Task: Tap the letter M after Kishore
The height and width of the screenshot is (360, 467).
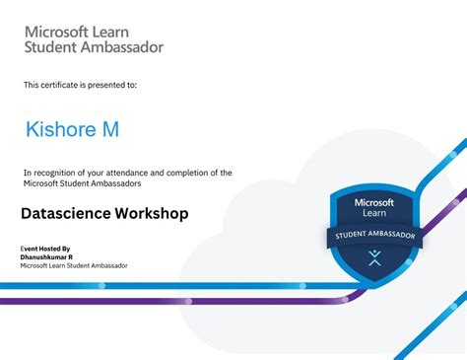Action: point(110,129)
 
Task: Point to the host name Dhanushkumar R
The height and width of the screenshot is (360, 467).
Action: point(46,256)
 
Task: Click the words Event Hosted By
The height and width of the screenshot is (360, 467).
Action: point(45,248)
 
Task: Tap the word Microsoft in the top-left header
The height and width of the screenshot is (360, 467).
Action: point(61,31)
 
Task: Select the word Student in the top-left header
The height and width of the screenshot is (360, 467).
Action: point(51,46)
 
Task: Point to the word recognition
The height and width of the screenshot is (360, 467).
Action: point(61,173)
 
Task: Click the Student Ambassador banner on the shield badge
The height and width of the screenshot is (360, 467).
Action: point(374,236)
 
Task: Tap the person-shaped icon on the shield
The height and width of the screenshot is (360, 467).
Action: point(374,258)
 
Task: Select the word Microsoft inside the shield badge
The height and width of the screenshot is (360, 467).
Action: point(374,202)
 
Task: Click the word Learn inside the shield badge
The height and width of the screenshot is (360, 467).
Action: point(374,215)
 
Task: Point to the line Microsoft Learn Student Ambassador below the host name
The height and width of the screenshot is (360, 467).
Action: point(74,265)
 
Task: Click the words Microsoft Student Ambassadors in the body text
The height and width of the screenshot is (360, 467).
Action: point(83,183)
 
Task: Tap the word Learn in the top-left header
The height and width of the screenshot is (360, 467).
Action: point(127,31)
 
